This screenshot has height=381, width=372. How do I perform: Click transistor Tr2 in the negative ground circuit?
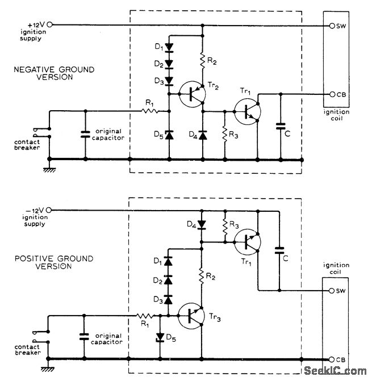(x=189, y=94)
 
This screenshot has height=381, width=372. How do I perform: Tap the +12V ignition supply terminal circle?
(x=50, y=25)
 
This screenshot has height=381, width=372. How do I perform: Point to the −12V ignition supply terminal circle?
(x=50, y=210)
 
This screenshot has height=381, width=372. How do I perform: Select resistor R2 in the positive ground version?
(x=202, y=277)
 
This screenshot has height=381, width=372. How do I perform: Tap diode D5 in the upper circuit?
(x=168, y=135)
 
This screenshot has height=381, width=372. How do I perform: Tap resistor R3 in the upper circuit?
(x=225, y=134)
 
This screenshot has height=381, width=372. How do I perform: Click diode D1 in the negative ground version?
(x=168, y=47)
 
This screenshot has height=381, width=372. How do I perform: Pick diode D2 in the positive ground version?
(x=168, y=280)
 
